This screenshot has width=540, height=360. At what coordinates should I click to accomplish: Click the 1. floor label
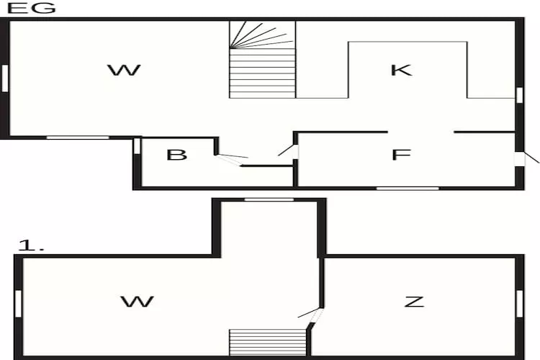pyautogui.click(x=30, y=246)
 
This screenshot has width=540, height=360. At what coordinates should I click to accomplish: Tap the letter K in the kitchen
pyautogui.click(x=400, y=70)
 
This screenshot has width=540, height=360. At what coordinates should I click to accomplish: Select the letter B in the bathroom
pyautogui.click(x=176, y=155)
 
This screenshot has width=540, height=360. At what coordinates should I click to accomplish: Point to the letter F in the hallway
pyautogui.click(x=401, y=155)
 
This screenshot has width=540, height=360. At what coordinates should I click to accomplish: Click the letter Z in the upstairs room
pyautogui.click(x=414, y=301)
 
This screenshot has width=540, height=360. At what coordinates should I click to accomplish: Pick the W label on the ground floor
pyautogui.click(x=124, y=70)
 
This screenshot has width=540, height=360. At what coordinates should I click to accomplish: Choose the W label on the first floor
pyautogui.click(x=137, y=301)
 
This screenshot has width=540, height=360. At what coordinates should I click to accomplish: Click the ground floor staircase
pyautogui.click(x=262, y=59)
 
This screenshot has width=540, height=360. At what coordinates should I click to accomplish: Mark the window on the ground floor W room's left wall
pyautogui.click(x=4, y=78)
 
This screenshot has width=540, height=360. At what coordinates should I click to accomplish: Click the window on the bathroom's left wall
pyautogui.click(x=137, y=145)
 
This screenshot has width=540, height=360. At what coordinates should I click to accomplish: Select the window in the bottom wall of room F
pyautogui.click(x=408, y=188)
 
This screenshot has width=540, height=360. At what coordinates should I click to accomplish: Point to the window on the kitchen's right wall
pyautogui.click(x=519, y=95)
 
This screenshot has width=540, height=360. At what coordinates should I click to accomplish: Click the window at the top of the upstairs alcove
pyautogui.click(x=269, y=199)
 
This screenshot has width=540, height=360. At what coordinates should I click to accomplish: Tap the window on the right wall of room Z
pyautogui.click(x=518, y=302)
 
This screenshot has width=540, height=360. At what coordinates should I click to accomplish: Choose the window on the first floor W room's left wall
pyautogui.click(x=18, y=302)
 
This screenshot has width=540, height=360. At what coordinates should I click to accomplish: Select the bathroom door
pyautogui.click(x=231, y=158)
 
